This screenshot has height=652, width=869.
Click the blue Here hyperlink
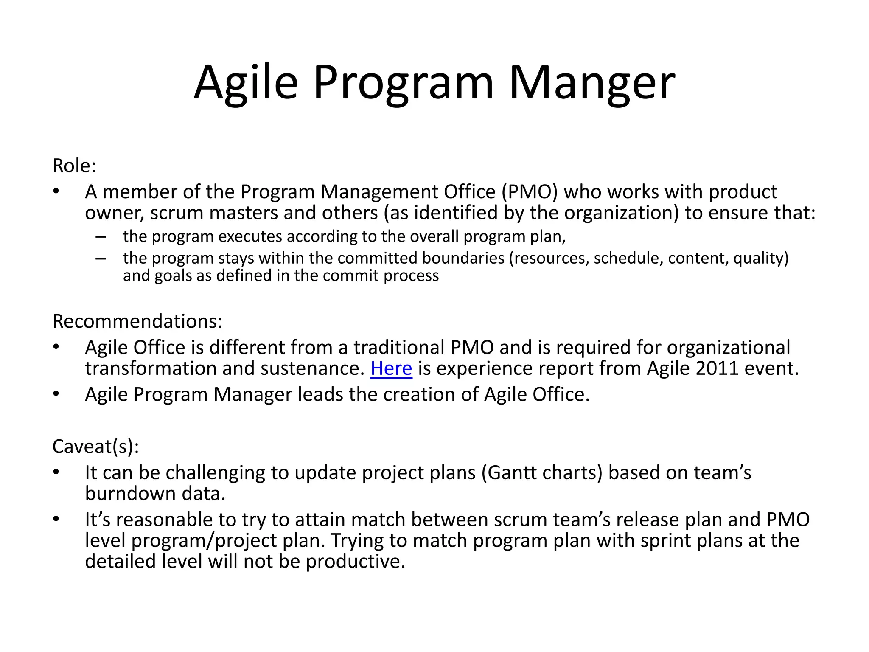391,368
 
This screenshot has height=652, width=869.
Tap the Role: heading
74,166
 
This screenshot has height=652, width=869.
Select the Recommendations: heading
137,321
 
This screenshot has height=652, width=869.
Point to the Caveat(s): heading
95,447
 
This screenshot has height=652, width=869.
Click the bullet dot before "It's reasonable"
56,518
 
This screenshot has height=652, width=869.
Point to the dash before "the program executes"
101,236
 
